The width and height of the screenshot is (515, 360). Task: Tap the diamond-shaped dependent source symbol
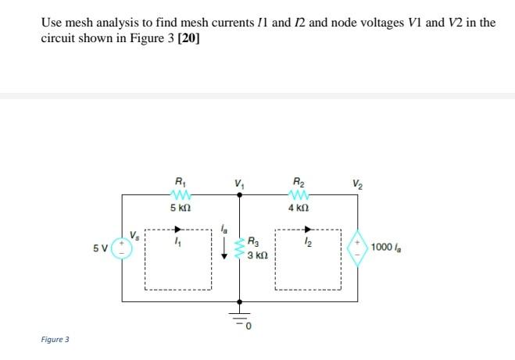click(x=357, y=248)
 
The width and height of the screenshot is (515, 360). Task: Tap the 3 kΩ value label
click(x=258, y=255)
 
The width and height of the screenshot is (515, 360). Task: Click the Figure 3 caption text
click(x=55, y=340)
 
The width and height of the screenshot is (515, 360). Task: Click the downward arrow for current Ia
click(x=225, y=249)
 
